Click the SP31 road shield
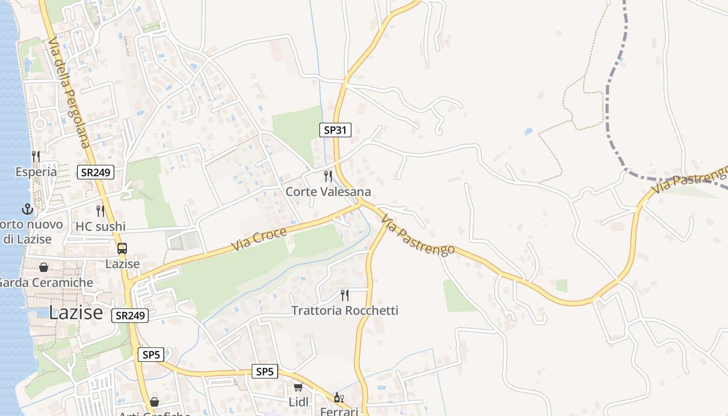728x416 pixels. tap(335, 130)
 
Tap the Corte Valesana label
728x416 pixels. tap(328, 192)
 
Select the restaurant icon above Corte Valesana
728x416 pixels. tap(328, 176)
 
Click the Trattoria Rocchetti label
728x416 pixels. tap(345, 311)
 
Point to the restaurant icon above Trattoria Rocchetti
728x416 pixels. tap(344, 295)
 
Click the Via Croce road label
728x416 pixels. tap(258, 239)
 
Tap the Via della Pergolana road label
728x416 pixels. tap(70, 92)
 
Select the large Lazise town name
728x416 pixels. tap(76, 313)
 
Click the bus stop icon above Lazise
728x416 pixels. tap(122, 249)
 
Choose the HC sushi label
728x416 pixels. tap(100, 227)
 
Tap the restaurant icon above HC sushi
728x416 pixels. tap(100, 211)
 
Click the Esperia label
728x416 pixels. tap(36, 172)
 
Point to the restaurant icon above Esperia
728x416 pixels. tap(35, 155)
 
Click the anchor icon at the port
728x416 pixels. tap(27, 210)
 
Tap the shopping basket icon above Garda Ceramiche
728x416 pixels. tap(44, 267)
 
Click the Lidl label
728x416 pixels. tap(298, 402)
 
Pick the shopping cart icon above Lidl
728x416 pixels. tap(298, 387)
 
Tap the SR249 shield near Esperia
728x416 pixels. tap(96, 172)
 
